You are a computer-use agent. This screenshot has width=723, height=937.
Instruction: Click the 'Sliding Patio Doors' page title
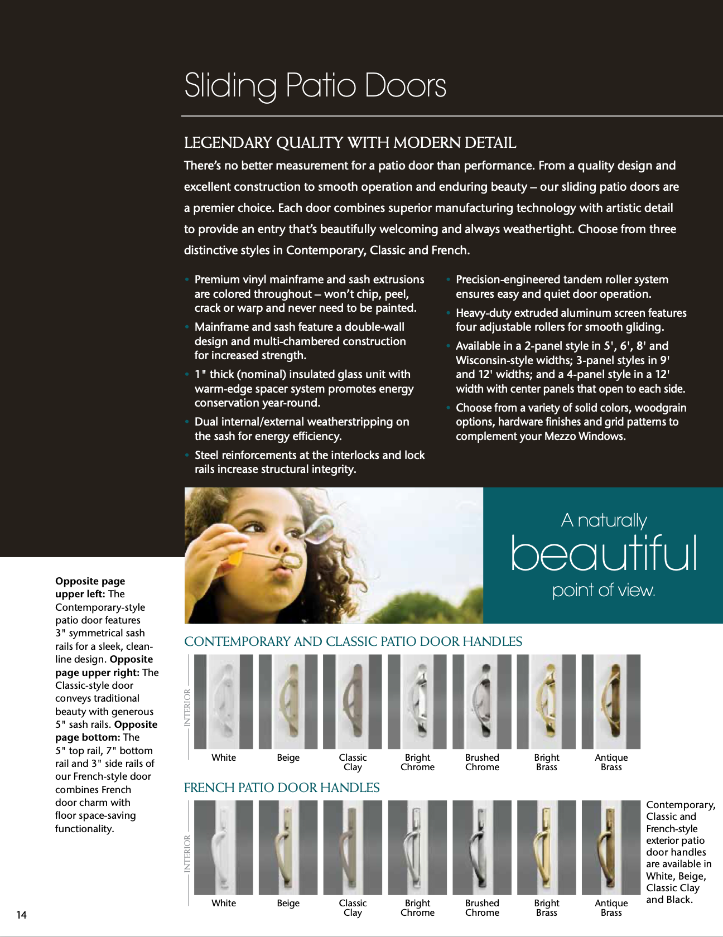[315, 85]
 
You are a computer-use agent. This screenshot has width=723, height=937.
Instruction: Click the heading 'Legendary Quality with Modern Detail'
[350, 143]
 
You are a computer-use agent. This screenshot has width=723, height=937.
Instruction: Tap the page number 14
[21, 914]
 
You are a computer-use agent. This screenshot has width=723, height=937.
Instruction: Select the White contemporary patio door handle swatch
[223, 701]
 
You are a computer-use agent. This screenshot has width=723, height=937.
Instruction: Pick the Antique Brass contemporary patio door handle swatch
[611, 701]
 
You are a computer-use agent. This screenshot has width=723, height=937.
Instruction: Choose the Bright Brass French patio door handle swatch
[546, 847]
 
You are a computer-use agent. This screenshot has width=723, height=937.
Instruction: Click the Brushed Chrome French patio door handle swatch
[482, 847]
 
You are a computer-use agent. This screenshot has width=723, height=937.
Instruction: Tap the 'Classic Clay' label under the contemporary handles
[353, 762]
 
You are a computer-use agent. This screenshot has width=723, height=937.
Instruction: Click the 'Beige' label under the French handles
[288, 903]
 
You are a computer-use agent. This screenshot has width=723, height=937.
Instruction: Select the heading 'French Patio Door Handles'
[282, 788]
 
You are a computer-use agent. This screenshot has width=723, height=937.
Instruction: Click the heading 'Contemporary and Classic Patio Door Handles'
[353, 641]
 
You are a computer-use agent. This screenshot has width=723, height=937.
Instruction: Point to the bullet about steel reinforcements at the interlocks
[309, 462]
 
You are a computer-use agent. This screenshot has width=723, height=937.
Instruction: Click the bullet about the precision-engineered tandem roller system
[562, 287]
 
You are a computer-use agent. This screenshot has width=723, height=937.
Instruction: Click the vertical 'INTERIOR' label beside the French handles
[187, 853]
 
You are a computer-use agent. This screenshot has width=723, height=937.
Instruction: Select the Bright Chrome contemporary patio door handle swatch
[417, 701]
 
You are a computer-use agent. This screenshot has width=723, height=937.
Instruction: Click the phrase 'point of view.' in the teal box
[603, 590]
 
